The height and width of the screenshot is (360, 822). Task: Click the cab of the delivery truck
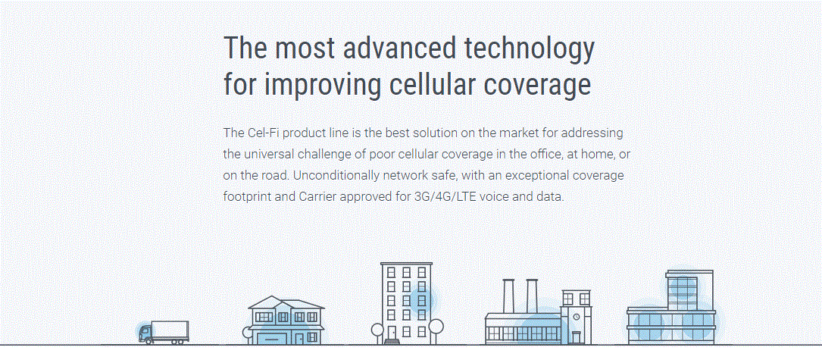(x=145, y=333)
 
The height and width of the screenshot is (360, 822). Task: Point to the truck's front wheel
(x=148, y=341)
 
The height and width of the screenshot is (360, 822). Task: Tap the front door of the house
(x=299, y=339)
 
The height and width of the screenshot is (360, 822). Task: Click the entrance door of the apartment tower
(x=392, y=333)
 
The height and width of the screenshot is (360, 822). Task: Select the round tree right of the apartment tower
(x=436, y=327)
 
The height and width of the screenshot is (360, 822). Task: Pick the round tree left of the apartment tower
(x=377, y=330)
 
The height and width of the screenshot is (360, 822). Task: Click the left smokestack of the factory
(x=508, y=296)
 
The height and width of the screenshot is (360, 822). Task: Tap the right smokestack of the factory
(x=532, y=296)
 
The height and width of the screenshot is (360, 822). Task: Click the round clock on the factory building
(x=576, y=317)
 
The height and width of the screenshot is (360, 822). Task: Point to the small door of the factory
(x=576, y=337)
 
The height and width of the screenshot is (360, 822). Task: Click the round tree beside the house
(x=248, y=332)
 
